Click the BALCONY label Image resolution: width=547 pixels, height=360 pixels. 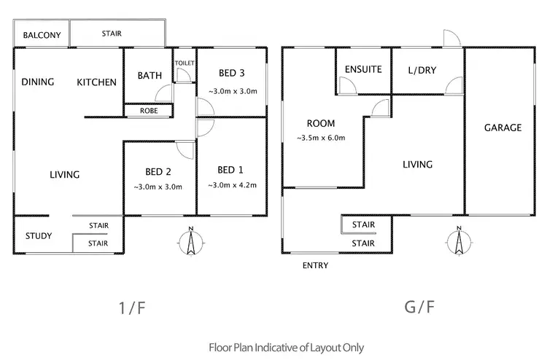point(41,35)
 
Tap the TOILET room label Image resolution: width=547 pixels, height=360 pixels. point(185,63)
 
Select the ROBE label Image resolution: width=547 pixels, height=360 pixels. point(147,111)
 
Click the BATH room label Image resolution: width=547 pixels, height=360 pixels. point(150,75)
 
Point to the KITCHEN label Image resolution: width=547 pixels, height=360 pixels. point(97,82)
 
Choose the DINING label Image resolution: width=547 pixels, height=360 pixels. point(38,82)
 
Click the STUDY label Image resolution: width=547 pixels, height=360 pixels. point(38,235)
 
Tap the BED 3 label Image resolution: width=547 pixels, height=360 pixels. point(230,74)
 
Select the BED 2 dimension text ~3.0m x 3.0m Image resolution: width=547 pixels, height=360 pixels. point(158,187)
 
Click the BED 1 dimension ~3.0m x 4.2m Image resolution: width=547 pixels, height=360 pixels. point(231,185)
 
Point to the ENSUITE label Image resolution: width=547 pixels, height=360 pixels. point(364,70)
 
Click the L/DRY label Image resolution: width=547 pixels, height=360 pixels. point(422,70)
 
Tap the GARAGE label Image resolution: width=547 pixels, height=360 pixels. point(503,128)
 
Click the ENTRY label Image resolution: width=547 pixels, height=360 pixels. point(315,265)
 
